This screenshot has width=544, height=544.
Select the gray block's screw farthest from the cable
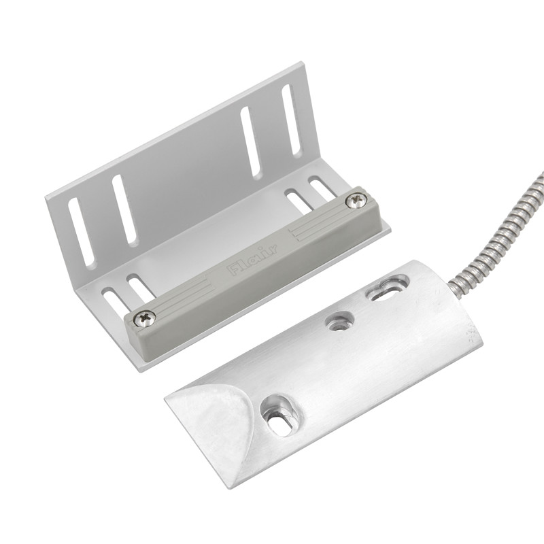click(x=145, y=317)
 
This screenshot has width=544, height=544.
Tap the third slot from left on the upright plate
click(x=250, y=142)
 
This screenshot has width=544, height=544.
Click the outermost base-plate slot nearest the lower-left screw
click(x=114, y=302)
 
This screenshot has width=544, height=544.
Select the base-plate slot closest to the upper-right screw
click(x=321, y=187)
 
